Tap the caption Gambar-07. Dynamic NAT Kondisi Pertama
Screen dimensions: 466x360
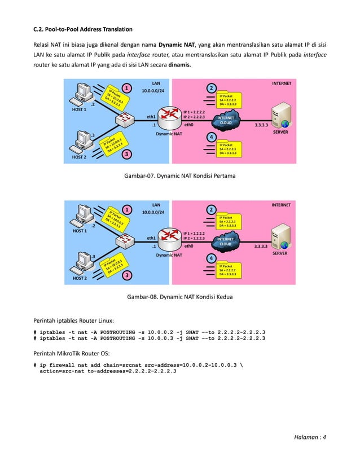[179, 176]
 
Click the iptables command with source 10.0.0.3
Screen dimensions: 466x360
[150, 338]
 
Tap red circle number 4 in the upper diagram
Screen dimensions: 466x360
[211, 137]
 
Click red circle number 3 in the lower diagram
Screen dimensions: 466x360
[128, 275]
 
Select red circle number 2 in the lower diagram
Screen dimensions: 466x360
[211, 210]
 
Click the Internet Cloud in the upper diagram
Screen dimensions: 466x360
[225, 121]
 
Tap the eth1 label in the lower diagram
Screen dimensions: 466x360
[151, 238]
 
